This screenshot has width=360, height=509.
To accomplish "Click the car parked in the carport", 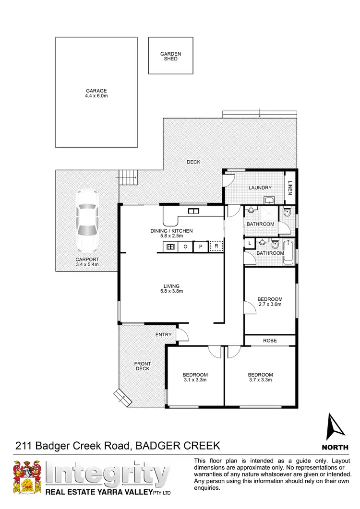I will (87, 221).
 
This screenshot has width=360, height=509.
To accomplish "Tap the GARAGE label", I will (96, 91).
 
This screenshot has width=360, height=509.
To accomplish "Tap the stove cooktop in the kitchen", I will (170, 247).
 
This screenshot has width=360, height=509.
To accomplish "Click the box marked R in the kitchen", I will (217, 247).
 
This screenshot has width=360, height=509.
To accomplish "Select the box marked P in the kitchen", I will (201, 247).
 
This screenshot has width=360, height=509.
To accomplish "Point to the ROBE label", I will (269, 340).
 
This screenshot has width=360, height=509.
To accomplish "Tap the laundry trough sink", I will (269, 201).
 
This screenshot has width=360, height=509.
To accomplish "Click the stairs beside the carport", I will (128, 178).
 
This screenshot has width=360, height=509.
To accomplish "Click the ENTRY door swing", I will (181, 334).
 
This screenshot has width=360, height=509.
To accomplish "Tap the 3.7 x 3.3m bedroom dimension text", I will (260, 380).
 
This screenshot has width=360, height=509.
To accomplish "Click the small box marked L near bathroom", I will (250, 244).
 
